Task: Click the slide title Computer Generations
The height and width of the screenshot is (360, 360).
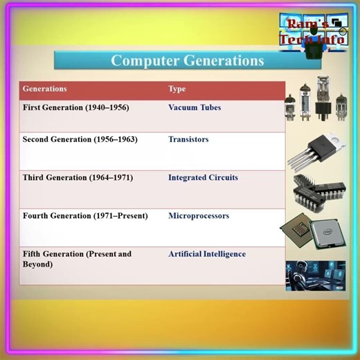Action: tap(187, 60)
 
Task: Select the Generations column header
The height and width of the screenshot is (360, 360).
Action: tap(44, 89)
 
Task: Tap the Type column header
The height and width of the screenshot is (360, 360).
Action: tap(177, 89)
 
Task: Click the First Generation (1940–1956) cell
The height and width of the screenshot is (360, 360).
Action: tap(75, 108)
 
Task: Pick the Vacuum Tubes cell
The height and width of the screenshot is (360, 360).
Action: tap(195, 108)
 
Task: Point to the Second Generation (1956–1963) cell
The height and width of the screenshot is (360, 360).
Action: tap(80, 139)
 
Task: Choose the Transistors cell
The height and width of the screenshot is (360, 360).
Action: tap(188, 139)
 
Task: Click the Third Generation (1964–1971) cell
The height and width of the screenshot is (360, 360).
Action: tap(78, 177)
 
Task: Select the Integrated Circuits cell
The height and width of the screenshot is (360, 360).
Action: tap(203, 177)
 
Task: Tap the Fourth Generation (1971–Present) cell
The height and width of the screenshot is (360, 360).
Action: tap(84, 215)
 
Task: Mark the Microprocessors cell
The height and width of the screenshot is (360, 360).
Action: tap(198, 215)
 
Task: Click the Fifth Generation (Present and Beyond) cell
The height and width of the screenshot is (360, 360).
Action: tap(76, 259)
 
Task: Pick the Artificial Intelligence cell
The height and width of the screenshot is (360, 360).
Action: tap(206, 254)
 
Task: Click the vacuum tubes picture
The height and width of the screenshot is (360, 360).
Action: tap(316, 100)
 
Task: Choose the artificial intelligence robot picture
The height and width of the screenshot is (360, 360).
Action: tap(315, 275)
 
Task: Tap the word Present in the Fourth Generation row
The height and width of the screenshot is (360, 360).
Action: tap(129, 215)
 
